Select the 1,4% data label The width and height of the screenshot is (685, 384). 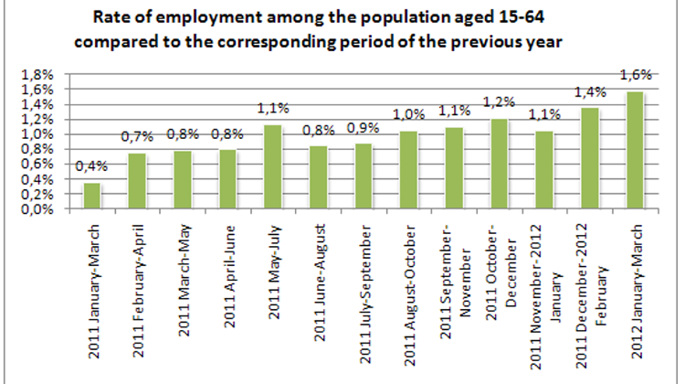click(x=588, y=91)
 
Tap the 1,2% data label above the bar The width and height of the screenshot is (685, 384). click(x=497, y=101)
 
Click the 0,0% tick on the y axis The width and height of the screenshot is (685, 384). click(x=44, y=209)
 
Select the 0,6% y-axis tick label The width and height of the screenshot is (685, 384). click(x=44, y=165)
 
